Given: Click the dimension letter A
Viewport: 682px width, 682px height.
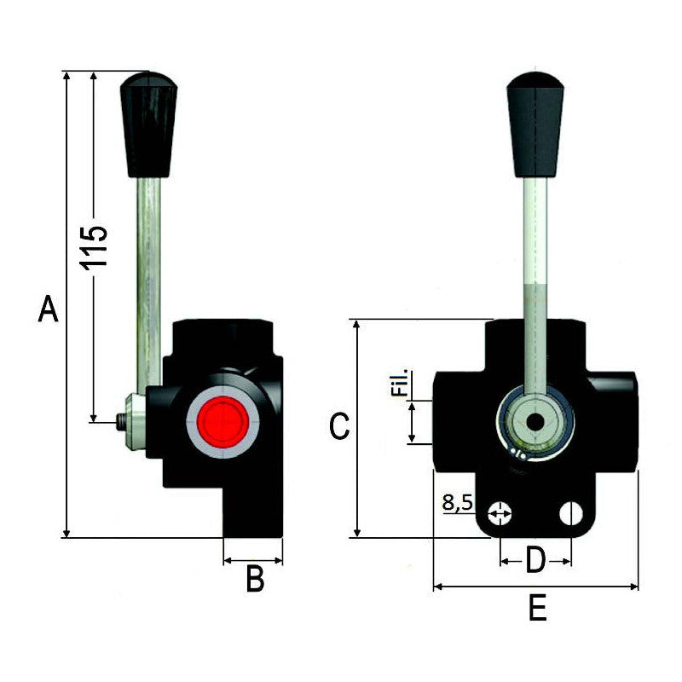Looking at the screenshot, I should [49, 309].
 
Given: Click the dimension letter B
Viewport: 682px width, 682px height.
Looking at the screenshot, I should [254, 580].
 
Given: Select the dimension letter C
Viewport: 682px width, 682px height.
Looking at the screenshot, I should [339, 426].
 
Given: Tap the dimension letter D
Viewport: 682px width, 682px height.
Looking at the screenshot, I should [535, 561].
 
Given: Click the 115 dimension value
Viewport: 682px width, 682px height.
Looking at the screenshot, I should [95, 247].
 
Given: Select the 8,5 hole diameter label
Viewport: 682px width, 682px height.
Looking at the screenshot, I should [458, 503].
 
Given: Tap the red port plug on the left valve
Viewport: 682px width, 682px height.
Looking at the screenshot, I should [223, 420].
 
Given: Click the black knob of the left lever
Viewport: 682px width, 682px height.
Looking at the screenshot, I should [148, 124].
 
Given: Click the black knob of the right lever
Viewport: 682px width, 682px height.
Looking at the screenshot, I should [535, 124].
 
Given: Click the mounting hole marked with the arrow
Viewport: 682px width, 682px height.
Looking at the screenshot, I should [500, 513].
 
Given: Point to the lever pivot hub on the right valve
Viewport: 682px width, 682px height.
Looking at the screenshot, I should [535, 422].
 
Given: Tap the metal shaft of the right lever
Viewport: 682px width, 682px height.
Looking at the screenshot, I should [535, 281].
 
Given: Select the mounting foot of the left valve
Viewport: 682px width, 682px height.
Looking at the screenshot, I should [253, 511].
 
